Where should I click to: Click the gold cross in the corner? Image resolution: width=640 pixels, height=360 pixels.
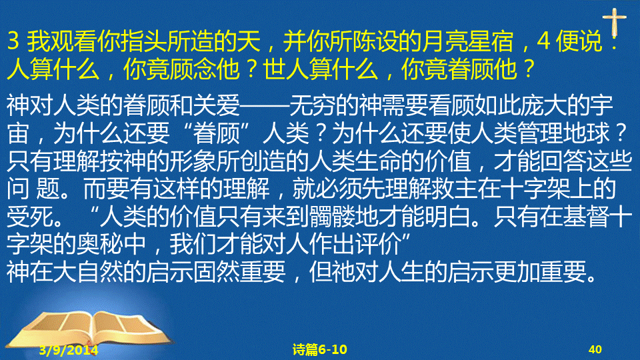[614, 23]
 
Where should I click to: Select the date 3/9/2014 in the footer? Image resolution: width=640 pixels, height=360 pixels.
[69, 350]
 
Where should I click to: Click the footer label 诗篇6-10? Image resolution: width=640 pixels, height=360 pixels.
[320, 349]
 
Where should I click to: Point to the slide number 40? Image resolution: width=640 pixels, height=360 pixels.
[595, 349]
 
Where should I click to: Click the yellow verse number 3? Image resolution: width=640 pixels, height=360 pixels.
[13, 41]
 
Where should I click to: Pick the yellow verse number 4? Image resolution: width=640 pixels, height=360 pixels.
[544, 41]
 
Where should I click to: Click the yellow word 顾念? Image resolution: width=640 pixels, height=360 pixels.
[193, 69]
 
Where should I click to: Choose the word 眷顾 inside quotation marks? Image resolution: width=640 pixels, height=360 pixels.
[216, 133]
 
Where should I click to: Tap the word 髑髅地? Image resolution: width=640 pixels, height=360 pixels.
[343, 216]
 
